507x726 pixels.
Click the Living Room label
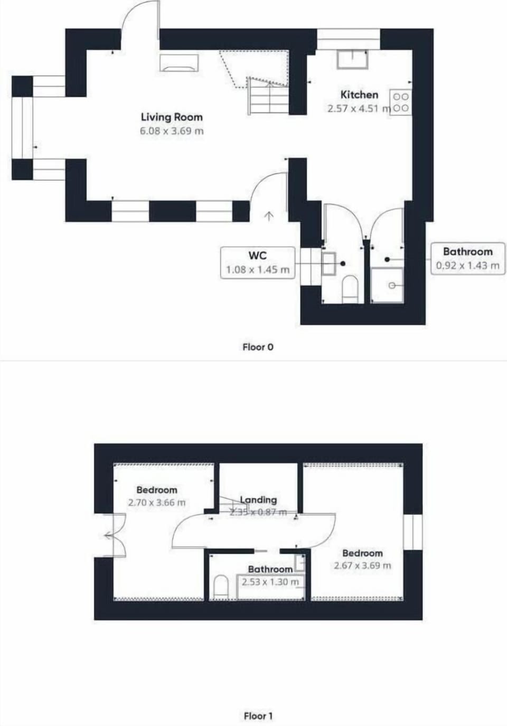(172, 117)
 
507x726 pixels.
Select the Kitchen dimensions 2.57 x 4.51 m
(358, 109)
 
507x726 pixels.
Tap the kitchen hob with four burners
(401, 102)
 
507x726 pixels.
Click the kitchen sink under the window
(352, 59)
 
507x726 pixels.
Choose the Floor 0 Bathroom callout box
(467, 258)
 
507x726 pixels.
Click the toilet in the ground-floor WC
(350, 289)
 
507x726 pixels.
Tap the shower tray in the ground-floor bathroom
(388, 286)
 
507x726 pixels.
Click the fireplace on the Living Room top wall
(180, 63)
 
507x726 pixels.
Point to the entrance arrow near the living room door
(269, 215)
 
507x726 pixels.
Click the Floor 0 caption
(258, 347)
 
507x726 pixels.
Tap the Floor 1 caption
(258, 716)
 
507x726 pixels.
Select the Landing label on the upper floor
(258, 499)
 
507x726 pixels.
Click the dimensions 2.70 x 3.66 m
(157, 503)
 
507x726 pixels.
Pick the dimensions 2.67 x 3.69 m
(362, 565)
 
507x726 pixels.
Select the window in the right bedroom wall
(412, 532)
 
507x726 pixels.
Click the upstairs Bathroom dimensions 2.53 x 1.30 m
(270, 582)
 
